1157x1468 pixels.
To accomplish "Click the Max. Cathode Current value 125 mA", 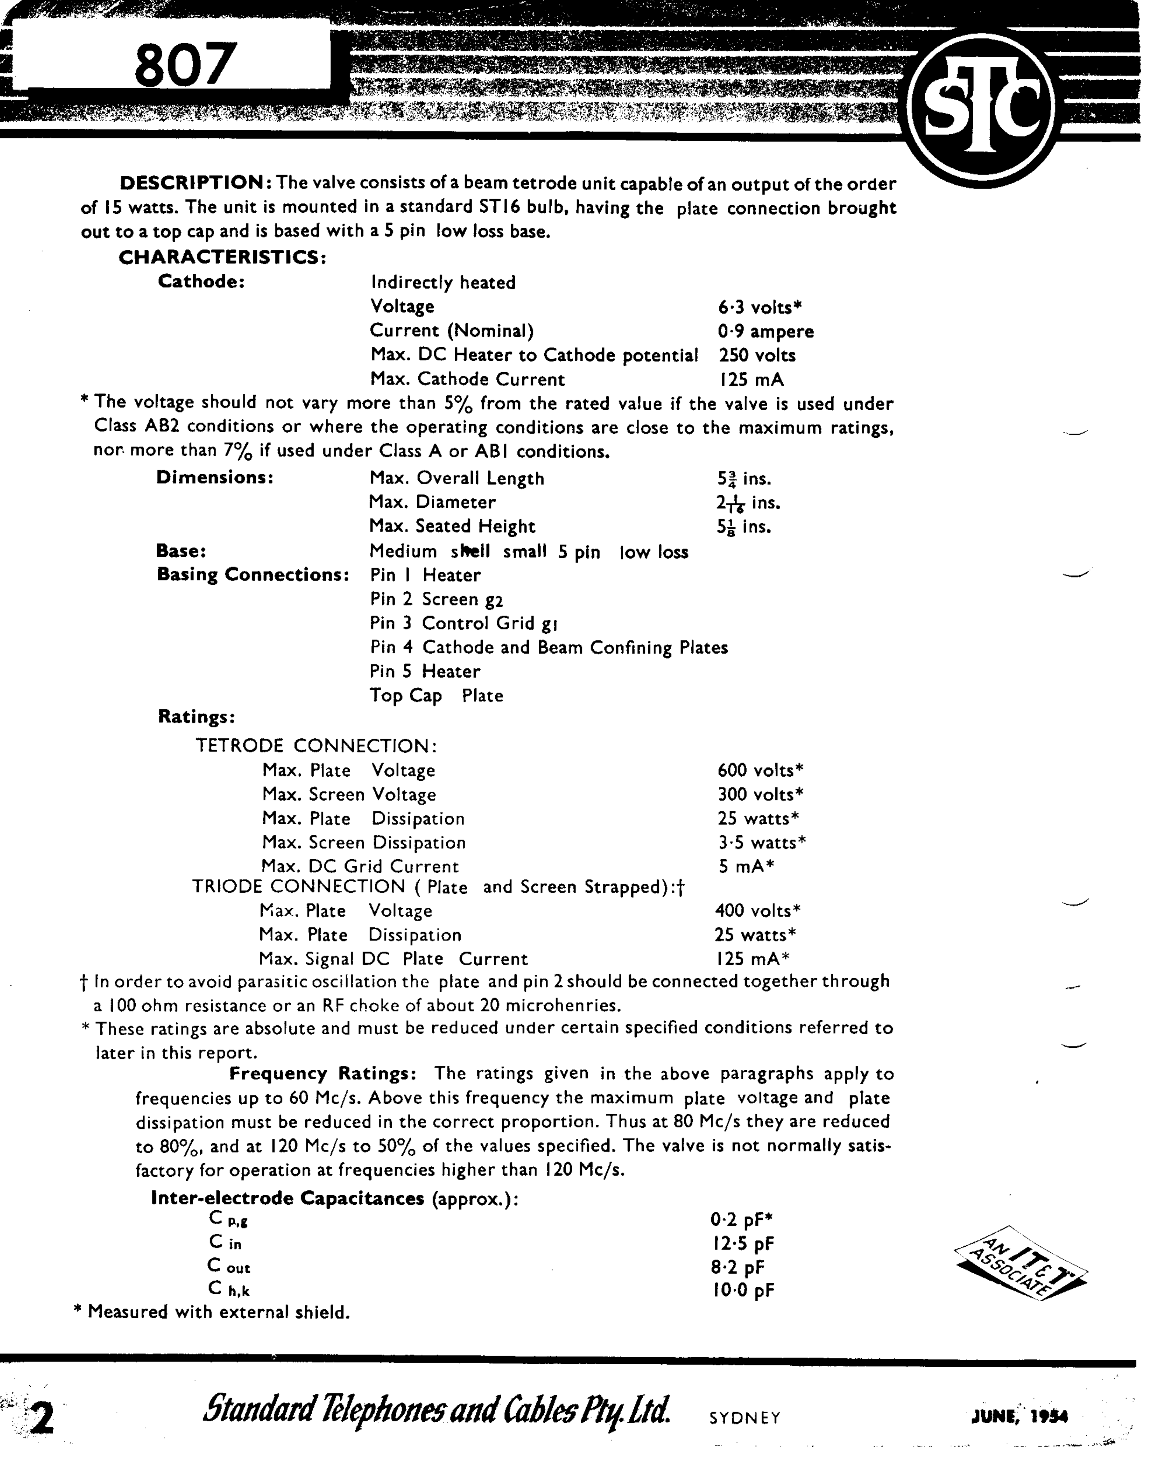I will tap(751, 379).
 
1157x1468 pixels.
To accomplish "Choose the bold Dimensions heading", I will tap(215, 477).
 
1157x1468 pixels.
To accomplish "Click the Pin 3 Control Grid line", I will tap(464, 623).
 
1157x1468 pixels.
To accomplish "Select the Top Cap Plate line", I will tap(436, 696).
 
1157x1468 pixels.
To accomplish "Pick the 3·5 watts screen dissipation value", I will tap(761, 843).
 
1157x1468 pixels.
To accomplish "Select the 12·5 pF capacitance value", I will tap(742, 1244).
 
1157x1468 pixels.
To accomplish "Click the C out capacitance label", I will tap(229, 1266).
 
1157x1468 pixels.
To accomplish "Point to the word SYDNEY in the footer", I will tap(745, 1418).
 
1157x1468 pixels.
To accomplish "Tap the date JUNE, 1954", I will tap(1019, 1417).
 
